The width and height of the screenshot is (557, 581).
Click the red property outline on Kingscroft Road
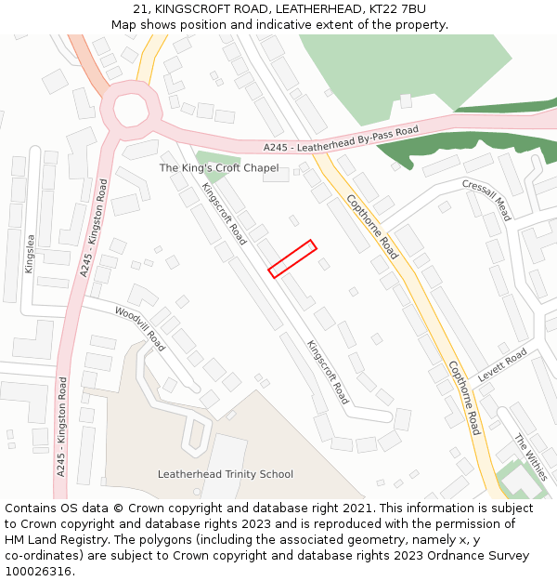[292, 258]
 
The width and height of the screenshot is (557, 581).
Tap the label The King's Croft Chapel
[219, 168]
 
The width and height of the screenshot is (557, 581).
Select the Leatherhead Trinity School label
[226, 474]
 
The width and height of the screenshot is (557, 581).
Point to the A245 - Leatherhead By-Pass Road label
[341, 139]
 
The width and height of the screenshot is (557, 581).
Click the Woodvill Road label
[139, 328]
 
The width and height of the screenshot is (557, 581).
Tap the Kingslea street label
[30, 254]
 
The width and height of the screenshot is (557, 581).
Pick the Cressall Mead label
[486, 200]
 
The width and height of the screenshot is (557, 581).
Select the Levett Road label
[502, 365]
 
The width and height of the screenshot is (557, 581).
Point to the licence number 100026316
[38, 572]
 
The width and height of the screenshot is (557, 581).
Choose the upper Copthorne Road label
[372, 226]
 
